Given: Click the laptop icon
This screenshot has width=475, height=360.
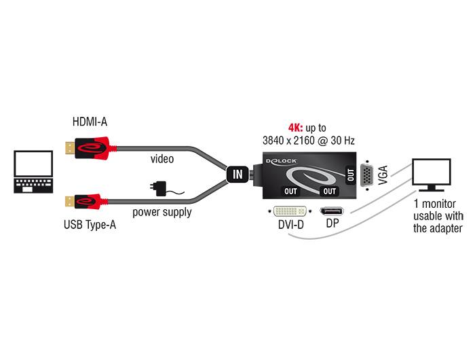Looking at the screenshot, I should click(33, 175).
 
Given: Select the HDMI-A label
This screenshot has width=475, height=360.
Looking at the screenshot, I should click(90, 122).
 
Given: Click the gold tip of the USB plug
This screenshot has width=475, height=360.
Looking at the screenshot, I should click(68, 200).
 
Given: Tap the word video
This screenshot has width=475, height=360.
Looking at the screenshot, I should click(162, 159).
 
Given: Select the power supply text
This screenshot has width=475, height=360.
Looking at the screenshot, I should click(161, 212).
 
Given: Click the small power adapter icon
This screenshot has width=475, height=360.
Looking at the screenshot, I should click(162, 187).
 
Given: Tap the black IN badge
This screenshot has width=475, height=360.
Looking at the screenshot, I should click(237, 174).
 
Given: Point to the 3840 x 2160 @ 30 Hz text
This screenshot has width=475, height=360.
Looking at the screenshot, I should click(309, 141).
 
